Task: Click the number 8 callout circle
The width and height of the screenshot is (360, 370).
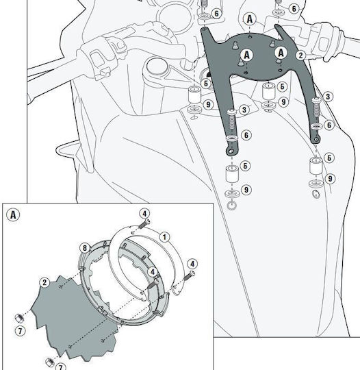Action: pos(85,248)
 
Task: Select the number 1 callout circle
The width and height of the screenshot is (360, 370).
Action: pos(164,237)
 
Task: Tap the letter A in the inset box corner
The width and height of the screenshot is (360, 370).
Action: pos(13,215)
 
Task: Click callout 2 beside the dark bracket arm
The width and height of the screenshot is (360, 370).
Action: pos(300,56)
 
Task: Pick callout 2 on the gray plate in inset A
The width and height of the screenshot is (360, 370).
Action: pos(44,282)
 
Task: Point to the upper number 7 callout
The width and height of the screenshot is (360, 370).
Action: pos(20,331)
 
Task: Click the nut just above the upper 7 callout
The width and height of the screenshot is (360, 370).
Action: pos(19,318)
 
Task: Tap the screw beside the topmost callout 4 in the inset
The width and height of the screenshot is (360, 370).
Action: pos(144,223)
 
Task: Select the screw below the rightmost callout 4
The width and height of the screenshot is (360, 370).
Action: pos(189,275)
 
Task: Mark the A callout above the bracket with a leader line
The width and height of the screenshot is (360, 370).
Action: pos(250,19)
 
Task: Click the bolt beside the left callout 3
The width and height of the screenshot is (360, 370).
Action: pos(232,121)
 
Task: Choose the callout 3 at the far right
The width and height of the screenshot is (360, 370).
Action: pos(328,97)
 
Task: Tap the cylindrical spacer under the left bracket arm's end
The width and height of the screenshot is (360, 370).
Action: pos(232,173)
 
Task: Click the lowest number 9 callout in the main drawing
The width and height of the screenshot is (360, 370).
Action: pos(246,190)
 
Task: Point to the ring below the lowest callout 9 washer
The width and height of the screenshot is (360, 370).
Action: pos(231,206)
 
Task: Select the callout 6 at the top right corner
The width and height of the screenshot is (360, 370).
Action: pos(294,9)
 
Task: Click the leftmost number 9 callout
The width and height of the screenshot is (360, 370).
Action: pos(208,104)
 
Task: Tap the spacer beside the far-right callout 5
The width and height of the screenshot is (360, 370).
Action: pos(316,166)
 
